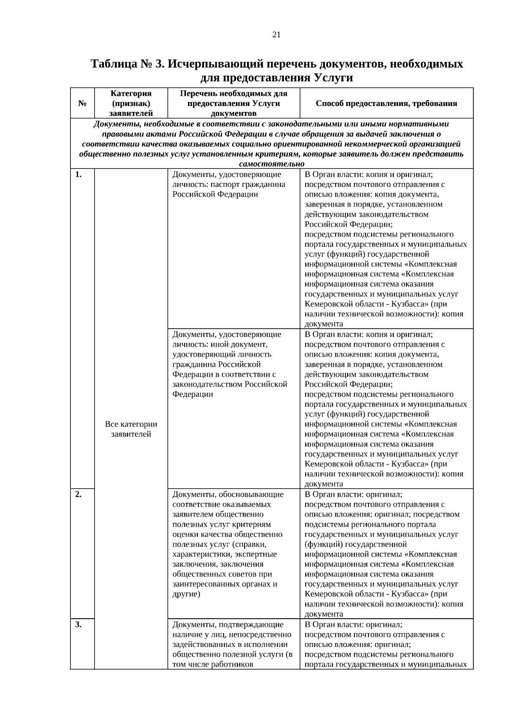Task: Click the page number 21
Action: coord(276,35)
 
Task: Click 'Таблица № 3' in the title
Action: coord(127,64)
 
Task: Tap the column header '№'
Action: coord(83,103)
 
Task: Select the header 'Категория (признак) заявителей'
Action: coord(131,103)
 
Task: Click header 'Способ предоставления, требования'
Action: coord(386,103)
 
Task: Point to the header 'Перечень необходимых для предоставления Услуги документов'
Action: coord(233,103)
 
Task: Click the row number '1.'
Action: coord(79,174)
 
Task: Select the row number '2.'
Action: coord(79,494)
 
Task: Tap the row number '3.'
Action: coord(79,624)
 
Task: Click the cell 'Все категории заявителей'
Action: coord(131,429)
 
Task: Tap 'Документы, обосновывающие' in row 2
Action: coord(227,494)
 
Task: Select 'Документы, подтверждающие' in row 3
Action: coord(227,624)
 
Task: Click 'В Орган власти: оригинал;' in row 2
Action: coord(353,494)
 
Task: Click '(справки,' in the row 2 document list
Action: coord(249,544)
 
